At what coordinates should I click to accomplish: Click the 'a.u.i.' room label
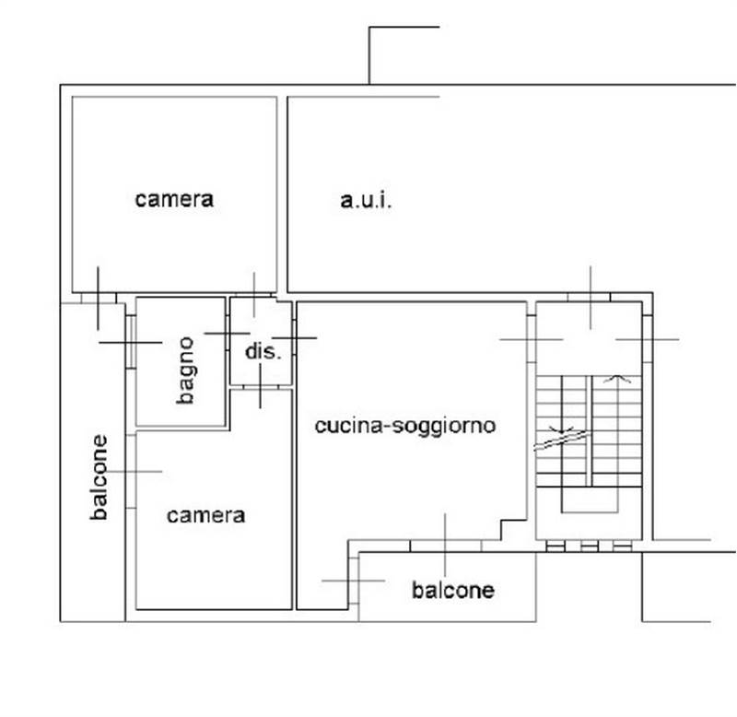click(x=366, y=201)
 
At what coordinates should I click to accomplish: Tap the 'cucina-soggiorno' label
click(x=405, y=426)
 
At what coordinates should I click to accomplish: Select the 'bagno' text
click(x=186, y=370)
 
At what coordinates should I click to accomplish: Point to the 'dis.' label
click(x=263, y=351)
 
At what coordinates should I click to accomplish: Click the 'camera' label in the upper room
click(x=174, y=199)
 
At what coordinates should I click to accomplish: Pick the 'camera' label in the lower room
click(x=205, y=515)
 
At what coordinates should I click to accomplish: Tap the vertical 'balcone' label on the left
click(x=99, y=477)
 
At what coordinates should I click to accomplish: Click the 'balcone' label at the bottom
click(x=453, y=590)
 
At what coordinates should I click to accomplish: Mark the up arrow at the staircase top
click(x=617, y=379)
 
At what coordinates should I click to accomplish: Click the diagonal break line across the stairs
click(x=562, y=441)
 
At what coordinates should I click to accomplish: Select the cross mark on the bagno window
click(x=131, y=342)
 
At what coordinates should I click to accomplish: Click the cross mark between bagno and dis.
click(x=227, y=334)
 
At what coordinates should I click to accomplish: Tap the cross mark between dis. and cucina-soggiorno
click(x=294, y=337)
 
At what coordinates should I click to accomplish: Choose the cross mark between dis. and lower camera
click(x=261, y=386)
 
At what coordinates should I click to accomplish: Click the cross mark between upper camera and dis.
click(x=254, y=295)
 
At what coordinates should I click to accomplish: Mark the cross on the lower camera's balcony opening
click(x=131, y=471)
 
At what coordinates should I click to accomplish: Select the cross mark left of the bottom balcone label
click(x=354, y=581)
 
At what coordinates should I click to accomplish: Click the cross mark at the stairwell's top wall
click(x=591, y=298)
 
